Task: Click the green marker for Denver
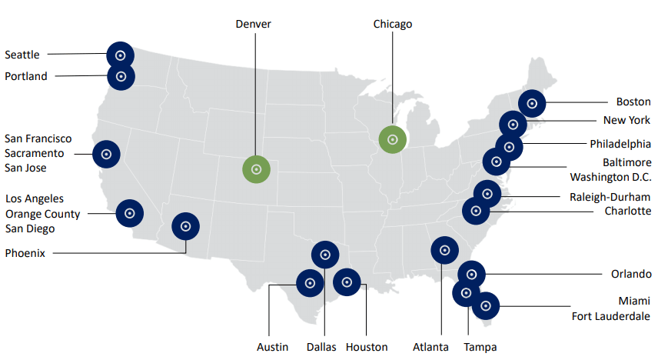coord(257,169)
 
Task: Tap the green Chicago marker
coord(393,139)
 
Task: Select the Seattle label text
coord(22,55)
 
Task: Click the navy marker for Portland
coord(121,76)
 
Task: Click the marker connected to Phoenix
coord(186,226)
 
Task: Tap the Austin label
coord(273,347)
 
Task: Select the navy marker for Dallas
coord(325,255)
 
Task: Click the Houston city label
coord(367,347)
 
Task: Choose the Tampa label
coord(481,347)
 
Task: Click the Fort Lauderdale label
coord(611,315)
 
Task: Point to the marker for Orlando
coord(472,274)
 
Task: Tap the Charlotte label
coord(627,211)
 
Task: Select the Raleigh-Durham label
coord(610,197)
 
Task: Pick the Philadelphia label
coord(620,144)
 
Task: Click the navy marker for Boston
coord(531,103)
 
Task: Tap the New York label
coord(626,120)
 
